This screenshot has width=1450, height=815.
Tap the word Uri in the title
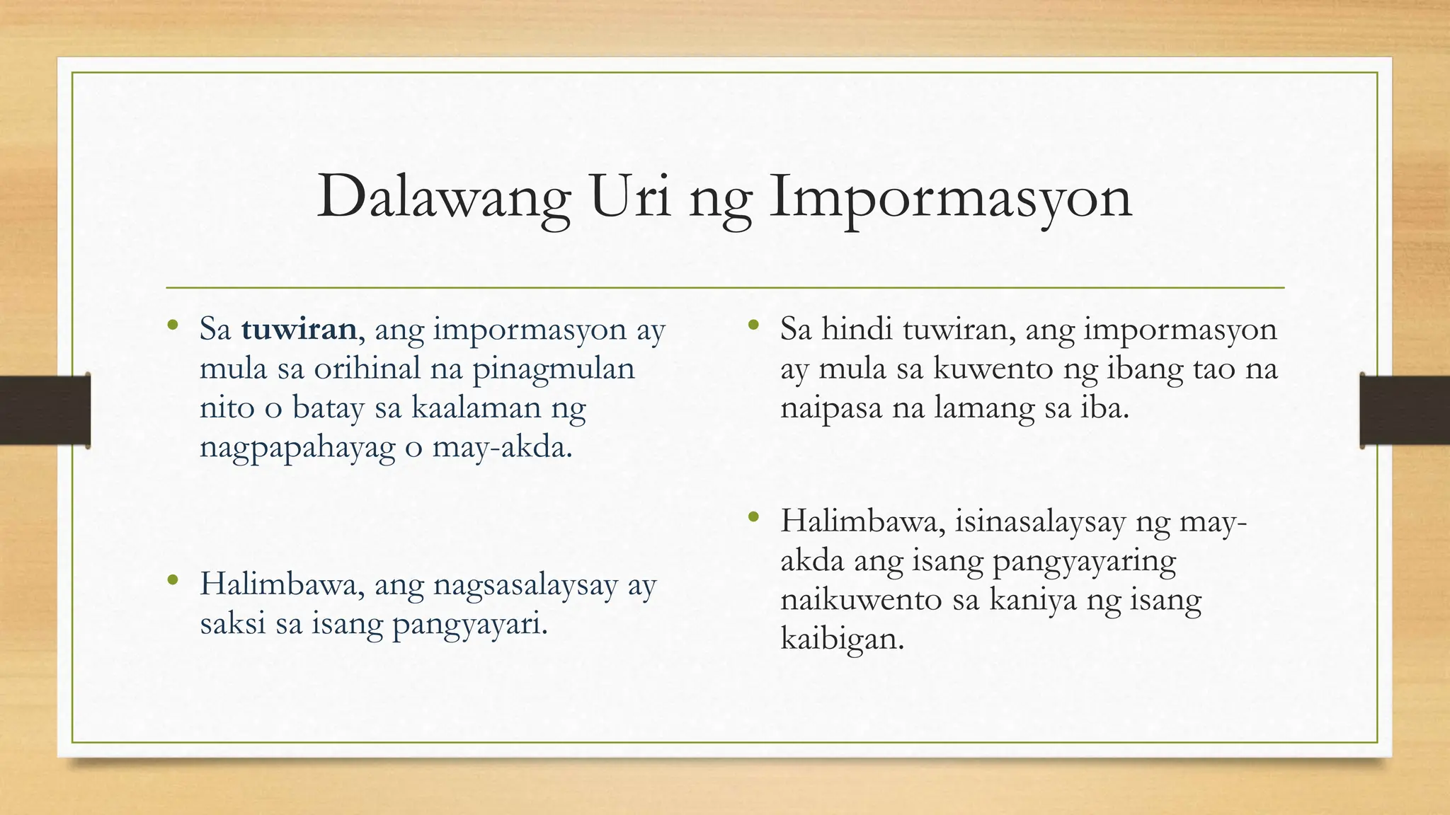point(627,197)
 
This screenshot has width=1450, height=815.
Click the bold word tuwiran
point(299,329)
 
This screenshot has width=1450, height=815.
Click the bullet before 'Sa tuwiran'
point(172,325)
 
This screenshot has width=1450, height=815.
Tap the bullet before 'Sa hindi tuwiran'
point(753,325)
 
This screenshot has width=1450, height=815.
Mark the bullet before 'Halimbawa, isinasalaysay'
point(753,518)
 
